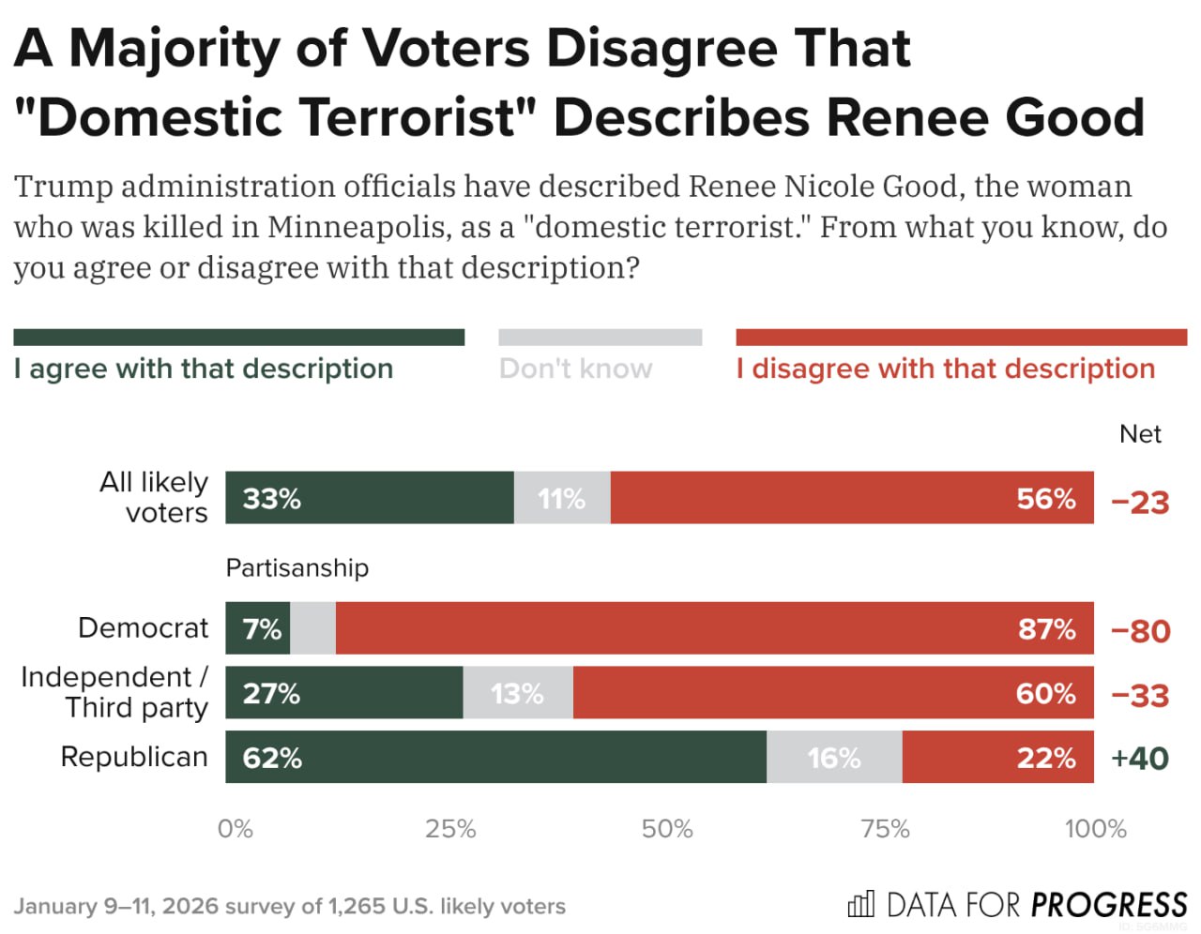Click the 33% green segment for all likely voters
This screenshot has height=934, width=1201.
pyautogui.click(x=369, y=497)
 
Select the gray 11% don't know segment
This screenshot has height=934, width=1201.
pyautogui.click(x=562, y=497)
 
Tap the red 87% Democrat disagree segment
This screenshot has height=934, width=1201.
pyautogui.click(x=715, y=628)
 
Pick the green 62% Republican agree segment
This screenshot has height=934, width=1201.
pyautogui.click(x=495, y=757)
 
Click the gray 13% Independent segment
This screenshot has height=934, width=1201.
pyautogui.click(x=518, y=693)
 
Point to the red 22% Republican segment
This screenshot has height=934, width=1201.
pyautogui.click(x=998, y=757)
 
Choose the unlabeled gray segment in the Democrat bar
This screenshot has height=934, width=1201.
pyautogui.click(x=312, y=628)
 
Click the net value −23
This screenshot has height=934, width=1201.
pyautogui.click(x=1140, y=503)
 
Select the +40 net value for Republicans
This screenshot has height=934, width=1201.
pyautogui.click(x=1140, y=758)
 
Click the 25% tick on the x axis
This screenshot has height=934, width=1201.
pyautogui.click(x=450, y=829)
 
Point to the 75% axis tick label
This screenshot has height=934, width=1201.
pyautogui.click(x=885, y=829)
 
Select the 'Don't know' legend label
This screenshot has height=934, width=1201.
pyautogui.click(x=575, y=369)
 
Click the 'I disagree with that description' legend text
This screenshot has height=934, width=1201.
pyautogui.click(x=946, y=369)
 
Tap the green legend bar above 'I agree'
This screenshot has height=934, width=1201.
pyautogui.click(x=238, y=338)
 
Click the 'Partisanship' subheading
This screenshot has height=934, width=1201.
pyautogui.click(x=297, y=567)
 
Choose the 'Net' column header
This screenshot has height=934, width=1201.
pyautogui.click(x=1140, y=434)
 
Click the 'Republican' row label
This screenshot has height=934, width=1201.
pyautogui.click(x=134, y=757)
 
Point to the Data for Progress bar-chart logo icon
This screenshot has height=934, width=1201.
pyautogui.click(x=860, y=904)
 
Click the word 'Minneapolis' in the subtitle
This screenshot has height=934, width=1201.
pyautogui.click(x=357, y=226)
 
